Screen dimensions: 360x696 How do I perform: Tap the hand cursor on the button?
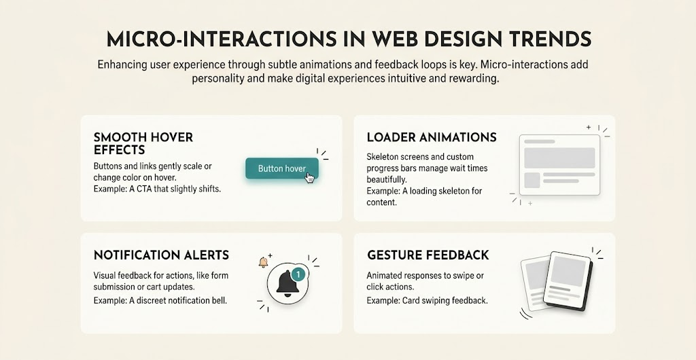(310, 177)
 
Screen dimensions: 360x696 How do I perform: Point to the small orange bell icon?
(263, 262)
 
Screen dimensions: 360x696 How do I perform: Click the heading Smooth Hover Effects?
(143, 143)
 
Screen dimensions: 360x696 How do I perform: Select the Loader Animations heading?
(432, 137)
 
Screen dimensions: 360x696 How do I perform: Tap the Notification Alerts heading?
(161, 255)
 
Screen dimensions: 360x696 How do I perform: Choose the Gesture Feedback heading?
(428, 255)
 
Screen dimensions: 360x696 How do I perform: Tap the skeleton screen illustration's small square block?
(532, 180)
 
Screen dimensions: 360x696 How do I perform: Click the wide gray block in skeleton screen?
(559, 158)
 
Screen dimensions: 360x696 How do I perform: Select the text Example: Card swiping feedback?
(427, 300)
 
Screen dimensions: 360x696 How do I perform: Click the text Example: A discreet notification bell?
(160, 300)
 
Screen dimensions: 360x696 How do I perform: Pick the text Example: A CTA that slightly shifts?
(157, 188)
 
